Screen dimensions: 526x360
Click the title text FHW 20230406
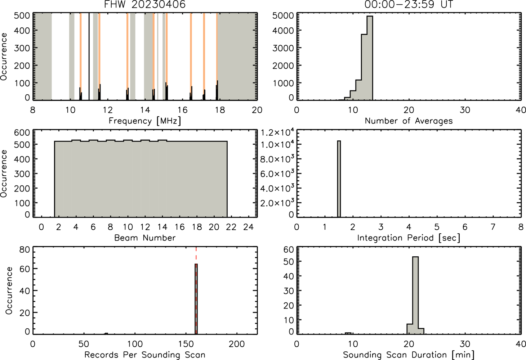[145, 4]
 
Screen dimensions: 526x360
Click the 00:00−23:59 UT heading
[409, 4]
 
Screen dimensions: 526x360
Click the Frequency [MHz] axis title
[145, 121]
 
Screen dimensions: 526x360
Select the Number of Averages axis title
[409, 121]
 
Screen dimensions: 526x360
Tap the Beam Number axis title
[145, 238]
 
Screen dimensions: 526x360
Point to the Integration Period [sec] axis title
[409, 238]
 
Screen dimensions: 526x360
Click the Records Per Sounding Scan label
[145, 355]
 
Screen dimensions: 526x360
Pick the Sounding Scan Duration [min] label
[409, 355]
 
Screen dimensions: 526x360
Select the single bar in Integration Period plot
[339, 179]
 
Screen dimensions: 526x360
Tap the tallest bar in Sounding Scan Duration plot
[415, 295]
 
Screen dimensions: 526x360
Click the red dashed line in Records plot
[196, 290]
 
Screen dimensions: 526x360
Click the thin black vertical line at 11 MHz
[89, 56]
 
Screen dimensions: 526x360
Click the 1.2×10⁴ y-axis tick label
[277, 133]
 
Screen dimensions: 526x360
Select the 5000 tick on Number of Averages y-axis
[283, 16]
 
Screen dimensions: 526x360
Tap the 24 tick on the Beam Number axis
[249, 227]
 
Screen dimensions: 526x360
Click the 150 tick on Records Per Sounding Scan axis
[186, 344]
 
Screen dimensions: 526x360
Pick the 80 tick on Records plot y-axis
[24, 249]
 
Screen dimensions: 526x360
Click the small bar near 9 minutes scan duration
[348, 333]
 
